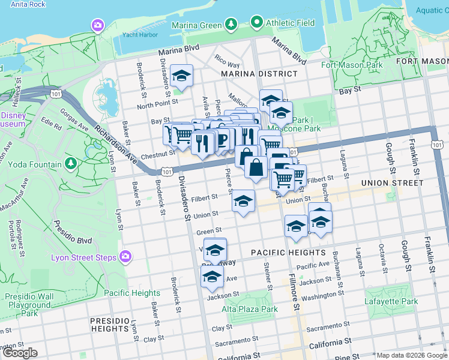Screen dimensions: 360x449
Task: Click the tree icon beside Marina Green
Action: click(x=231, y=24)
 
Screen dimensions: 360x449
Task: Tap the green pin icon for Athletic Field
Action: click(x=257, y=23)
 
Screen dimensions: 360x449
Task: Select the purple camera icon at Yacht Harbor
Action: click(x=97, y=25)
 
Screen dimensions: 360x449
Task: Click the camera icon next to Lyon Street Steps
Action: click(x=125, y=257)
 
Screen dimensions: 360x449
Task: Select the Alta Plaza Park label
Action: click(x=250, y=310)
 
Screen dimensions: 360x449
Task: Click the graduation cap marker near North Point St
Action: click(x=182, y=76)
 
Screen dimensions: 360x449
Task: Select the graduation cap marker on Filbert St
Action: click(x=243, y=201)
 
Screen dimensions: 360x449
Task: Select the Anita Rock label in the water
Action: click(x=23, y=4)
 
